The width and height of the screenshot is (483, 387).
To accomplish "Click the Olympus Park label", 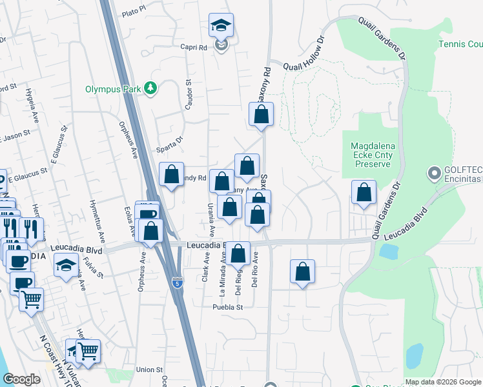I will (x=113, y=89).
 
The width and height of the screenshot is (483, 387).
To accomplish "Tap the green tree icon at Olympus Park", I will (x=150, y=88).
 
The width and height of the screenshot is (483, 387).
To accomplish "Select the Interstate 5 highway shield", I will (x=178, y=282).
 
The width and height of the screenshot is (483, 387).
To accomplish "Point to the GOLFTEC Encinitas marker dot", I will (x=433, y=173).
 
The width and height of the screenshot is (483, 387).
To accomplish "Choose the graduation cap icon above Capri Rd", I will (x=220, y=26).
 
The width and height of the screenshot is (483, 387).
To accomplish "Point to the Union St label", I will (x=149, y=370).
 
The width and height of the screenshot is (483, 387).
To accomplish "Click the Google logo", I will (x=21, y=379).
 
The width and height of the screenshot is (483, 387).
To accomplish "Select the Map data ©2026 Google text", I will (x=442, y=382).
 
